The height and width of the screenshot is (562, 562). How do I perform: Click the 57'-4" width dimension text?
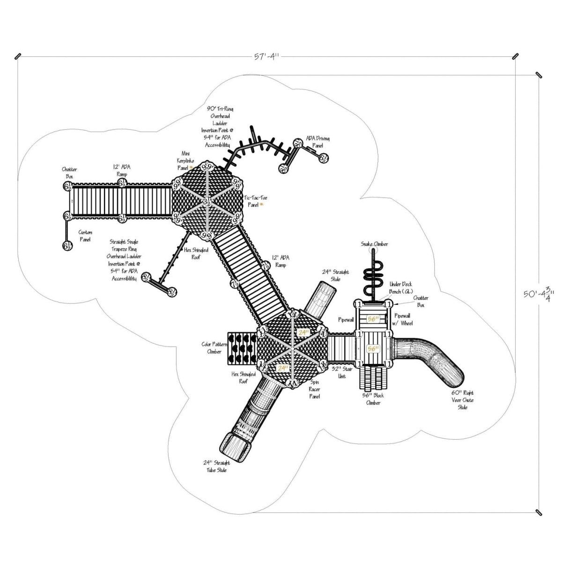click(x=266, y=57)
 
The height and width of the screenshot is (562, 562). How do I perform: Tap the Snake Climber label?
click(x=374, y=244)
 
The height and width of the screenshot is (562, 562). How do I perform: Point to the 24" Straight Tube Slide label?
click(x=215, y=466)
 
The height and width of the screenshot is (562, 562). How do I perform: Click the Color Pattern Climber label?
click(x=214, y=348)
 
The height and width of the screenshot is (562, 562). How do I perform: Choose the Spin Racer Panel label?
click(x=314, y=390)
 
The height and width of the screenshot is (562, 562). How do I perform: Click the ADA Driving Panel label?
click(x=318, y=142)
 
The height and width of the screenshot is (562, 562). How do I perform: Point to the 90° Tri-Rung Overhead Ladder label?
click(x=218, y=126)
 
